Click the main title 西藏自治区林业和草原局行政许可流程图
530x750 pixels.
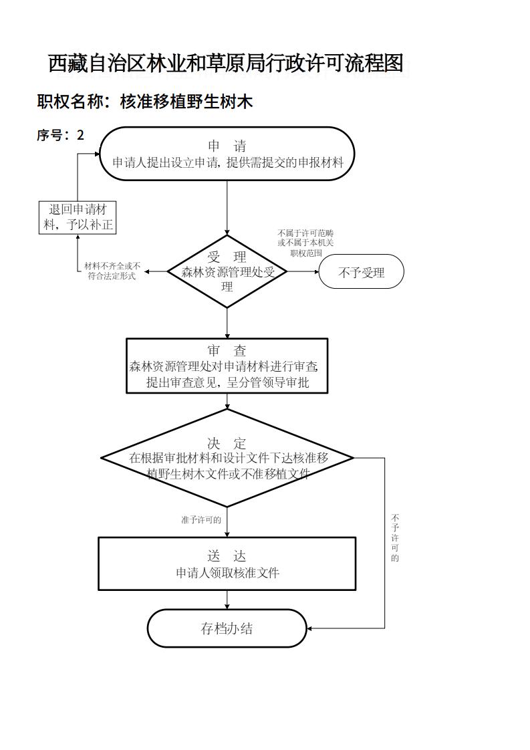point(226,64)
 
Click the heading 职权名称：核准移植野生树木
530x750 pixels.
point(144,102)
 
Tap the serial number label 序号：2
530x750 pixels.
point(60,136)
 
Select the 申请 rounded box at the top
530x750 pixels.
point(227,154)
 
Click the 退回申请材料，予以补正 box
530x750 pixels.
point(78,217)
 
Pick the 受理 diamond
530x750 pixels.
point(227,271)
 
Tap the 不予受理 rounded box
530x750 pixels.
point(361,272)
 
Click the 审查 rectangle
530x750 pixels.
point(227,366)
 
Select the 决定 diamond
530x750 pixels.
point(227,458)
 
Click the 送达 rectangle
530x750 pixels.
point(227,564)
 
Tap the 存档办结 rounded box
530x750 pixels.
point(227,628)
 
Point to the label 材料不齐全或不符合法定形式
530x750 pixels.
point(112,271)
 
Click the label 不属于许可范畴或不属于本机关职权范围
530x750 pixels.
point(305,243)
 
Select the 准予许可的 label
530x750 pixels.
point(201,519)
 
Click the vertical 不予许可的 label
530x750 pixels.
point(395,537)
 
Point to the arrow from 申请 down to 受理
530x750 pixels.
point(227,207)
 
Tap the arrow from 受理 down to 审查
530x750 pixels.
point(227,323)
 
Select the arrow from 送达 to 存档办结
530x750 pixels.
point(227,600)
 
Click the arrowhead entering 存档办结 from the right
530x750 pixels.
point(311,628)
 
